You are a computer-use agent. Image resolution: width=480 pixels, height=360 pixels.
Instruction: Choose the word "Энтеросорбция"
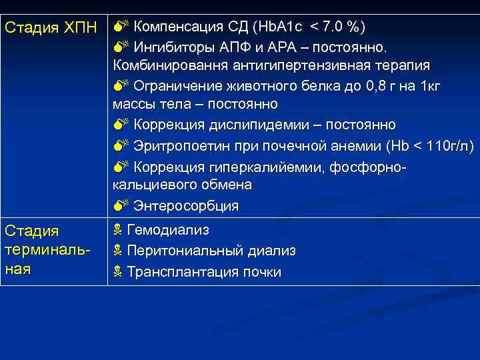pos(186,205)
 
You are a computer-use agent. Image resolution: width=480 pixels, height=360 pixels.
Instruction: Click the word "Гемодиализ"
pos(168,231)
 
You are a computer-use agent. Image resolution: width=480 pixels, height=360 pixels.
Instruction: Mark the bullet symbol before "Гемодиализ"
pos(117,231)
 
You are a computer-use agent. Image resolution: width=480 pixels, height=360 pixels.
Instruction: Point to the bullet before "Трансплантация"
pos(117,272)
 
